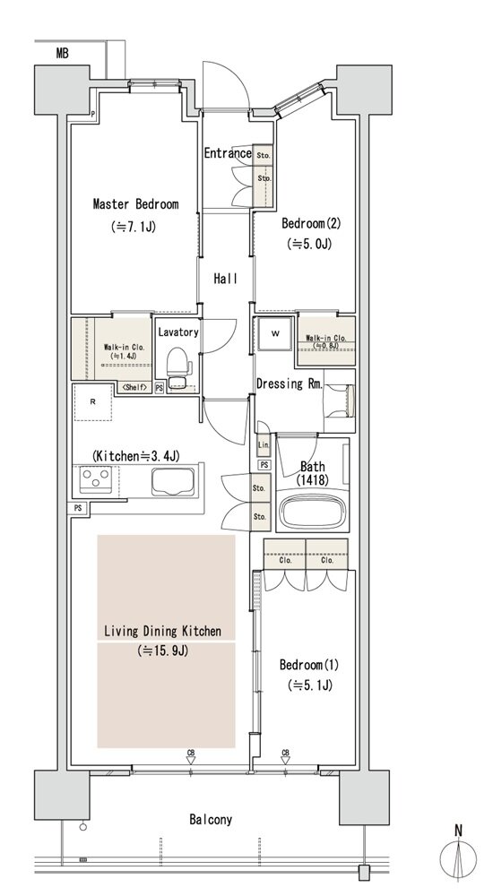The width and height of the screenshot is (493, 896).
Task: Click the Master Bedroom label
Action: [135, 204]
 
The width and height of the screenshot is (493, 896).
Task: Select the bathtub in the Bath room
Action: [312, 508]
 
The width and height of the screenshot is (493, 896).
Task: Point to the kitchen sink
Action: [174, 481]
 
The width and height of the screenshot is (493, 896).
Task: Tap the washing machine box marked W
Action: [275, 333]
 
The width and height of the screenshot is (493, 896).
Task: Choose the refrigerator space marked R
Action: [92, 401]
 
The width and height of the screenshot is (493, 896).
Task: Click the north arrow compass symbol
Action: [458, 853]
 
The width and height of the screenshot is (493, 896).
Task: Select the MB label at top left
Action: [63, 54]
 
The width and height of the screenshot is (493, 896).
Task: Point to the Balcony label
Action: [211, 820]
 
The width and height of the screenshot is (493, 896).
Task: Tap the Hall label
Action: [225, 279]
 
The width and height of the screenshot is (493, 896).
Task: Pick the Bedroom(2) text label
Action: [310, 223]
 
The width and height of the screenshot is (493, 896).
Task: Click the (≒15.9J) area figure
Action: [163, 650]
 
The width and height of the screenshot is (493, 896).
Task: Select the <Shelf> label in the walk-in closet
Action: [134, 387]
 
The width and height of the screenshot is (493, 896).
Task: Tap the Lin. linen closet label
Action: [264, 445]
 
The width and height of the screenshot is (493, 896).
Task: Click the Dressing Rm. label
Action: [290, 384]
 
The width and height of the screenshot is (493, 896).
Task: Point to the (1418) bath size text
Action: [312, 480]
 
